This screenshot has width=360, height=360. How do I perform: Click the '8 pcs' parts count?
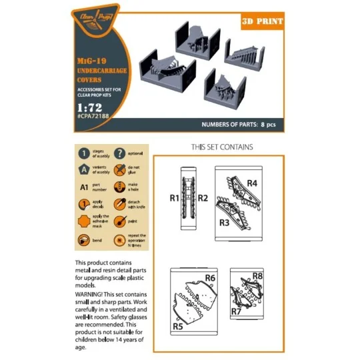pyautogui.click(x=268, y=125)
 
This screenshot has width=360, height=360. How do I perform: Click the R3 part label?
pyautogui.click(x=223, y=222)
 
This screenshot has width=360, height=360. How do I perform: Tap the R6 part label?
pyautogui.click(x=209, y=277)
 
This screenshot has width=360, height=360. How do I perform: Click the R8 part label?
pyautogui.click(x=258, y=275)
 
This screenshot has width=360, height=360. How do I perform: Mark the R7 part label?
pyautogui.click(x=235, y=311)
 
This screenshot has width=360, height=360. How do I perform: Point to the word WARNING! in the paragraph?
pyautogui.click(x=94, y=293)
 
